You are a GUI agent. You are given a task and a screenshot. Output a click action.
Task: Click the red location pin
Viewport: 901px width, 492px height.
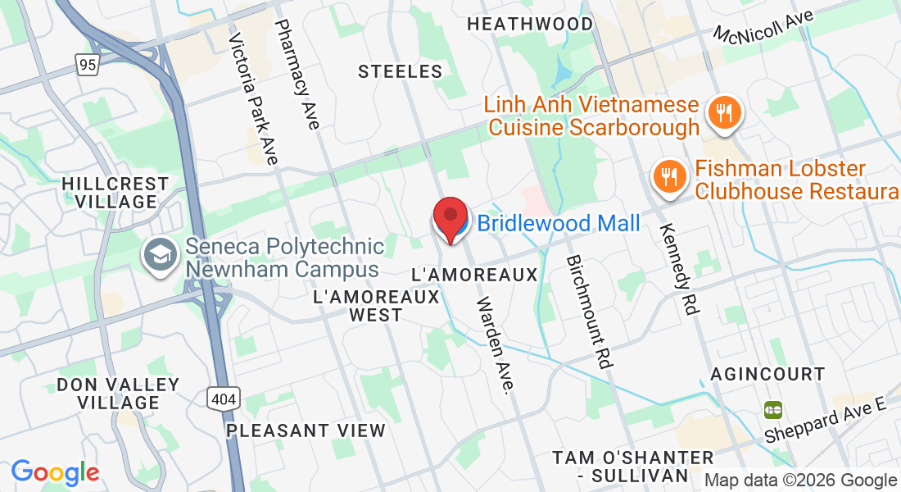tap(450, 218)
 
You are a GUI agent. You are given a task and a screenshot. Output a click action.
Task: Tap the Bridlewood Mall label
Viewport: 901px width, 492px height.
tap(558, 222)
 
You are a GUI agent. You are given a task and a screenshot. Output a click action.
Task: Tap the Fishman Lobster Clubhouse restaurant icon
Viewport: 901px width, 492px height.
tap(668, 177)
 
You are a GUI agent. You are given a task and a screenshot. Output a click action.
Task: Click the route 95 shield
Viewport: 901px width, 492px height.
tap(88, 64)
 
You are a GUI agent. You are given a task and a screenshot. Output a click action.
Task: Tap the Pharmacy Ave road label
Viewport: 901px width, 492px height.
tap(297, 75)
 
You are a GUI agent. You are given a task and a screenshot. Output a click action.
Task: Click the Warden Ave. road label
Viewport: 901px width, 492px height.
tap(497, 344)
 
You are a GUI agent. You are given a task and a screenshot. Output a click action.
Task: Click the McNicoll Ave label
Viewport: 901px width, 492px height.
tap(765, 28)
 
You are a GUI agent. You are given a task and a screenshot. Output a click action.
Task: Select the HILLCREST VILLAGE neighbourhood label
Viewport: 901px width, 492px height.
tap(115, 193)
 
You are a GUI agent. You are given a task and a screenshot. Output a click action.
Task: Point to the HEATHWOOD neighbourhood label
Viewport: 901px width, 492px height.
tap(529, 24)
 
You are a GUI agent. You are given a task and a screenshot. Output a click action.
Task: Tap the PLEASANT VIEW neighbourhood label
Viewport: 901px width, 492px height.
tap(306, 430)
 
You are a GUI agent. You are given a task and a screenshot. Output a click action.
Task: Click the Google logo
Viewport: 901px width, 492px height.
tap(55, 471)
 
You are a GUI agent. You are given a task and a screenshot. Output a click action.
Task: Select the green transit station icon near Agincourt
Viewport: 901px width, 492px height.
tap(772, 408)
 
